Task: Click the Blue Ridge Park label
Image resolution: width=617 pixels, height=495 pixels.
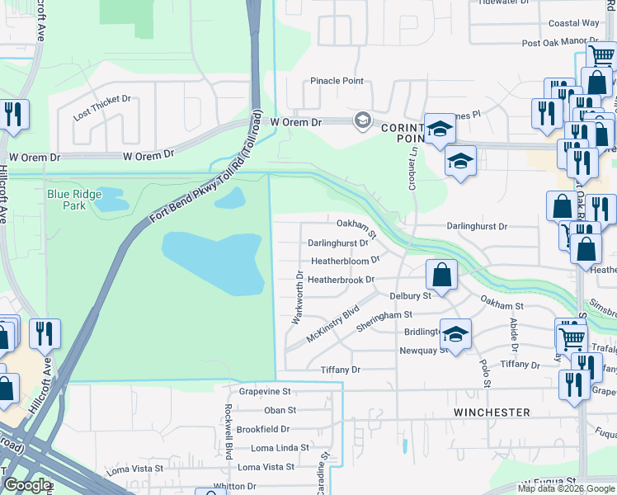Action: tap(74, 200)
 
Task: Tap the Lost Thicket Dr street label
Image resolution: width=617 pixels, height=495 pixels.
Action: tap(102, 106)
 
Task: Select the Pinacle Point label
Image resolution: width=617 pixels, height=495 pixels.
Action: tap(337, 81)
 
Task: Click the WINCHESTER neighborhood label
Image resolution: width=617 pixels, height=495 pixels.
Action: tap(492, 412)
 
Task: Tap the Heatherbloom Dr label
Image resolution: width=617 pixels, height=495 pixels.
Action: tap(345, 260)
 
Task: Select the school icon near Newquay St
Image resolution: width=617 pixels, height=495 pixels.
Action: tap(455, 333)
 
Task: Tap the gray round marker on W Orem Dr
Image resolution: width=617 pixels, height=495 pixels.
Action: tap(362, 122)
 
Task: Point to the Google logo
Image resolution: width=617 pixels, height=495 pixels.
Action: tap(26, 486)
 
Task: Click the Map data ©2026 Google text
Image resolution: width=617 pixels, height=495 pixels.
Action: tap(566, 488)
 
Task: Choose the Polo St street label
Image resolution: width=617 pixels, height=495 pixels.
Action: tap(487, 373)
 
